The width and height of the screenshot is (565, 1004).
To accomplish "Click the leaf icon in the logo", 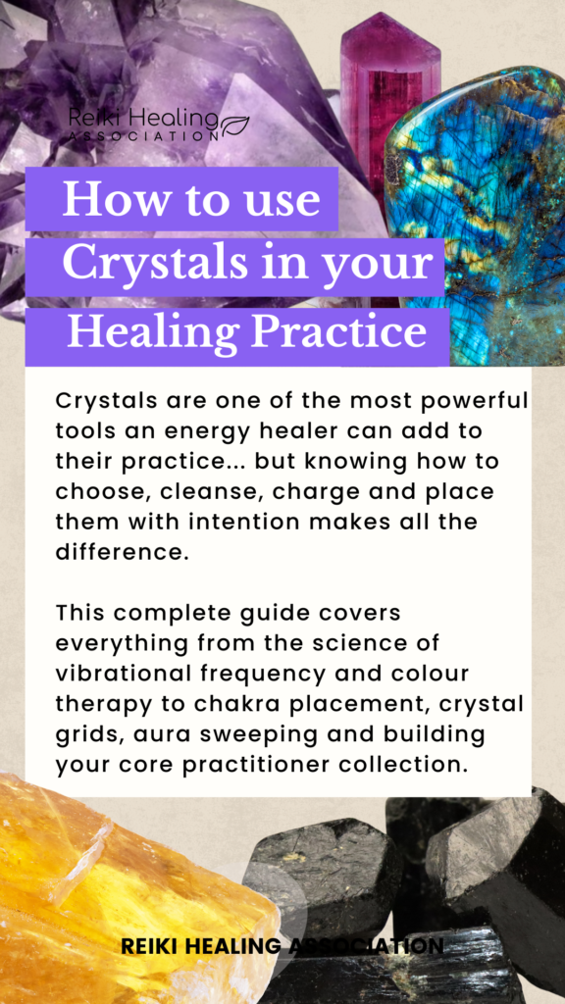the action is click(x=235, y=124).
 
